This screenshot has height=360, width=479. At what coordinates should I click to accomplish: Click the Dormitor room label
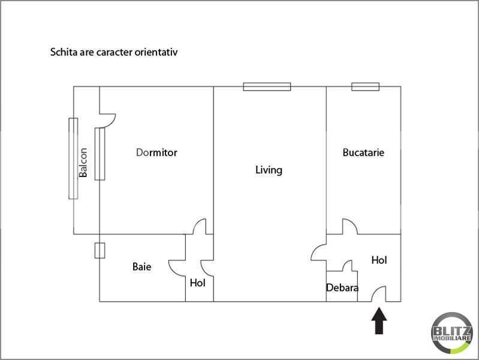pos(156,152)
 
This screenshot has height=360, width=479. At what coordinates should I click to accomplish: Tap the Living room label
pos(269,170)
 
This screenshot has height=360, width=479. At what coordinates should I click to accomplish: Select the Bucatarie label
pos(363,152)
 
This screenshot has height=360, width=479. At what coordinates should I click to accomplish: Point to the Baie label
pos(141,266)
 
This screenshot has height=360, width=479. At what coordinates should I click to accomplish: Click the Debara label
pos(342,287)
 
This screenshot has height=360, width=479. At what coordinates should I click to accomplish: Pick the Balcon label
pos(83,163)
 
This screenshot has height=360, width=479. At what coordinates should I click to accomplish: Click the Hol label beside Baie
pos(197,283)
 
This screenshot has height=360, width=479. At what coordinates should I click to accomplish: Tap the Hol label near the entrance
pos(379,260)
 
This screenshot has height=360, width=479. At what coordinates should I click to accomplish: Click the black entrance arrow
pos(379,321)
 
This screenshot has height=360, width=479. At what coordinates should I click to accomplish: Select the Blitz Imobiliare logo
pos(452,333)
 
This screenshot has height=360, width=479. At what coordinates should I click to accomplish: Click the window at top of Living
pos(267,86)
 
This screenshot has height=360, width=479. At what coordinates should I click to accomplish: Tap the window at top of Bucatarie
pos(365,86)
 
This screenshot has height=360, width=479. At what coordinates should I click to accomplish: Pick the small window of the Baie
pos(100,251)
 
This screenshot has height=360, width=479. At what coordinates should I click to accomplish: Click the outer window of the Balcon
pos(73,158)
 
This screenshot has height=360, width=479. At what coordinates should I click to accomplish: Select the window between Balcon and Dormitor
pos(100,154)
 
